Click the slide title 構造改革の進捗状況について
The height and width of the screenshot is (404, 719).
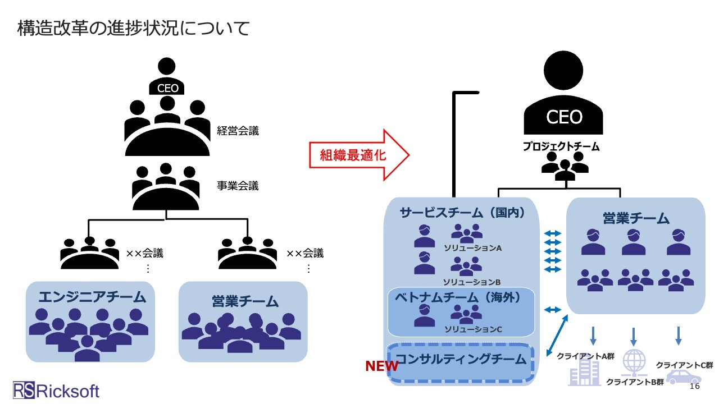[x=133, y=28]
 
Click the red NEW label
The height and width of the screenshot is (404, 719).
[x=382, y=366]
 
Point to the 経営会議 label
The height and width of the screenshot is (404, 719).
[x=238, y=131]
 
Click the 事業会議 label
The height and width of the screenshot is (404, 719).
[x=238, y=186]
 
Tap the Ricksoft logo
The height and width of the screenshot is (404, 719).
[x=56, y=390]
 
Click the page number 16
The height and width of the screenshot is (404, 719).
[x=694, y=387]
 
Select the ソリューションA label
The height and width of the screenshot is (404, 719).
[x=472, y=247]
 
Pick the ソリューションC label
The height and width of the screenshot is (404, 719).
[x=472, y=329]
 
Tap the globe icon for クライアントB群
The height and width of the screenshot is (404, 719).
[x=633, y=361]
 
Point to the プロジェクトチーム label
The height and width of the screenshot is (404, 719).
[x=561, y=147]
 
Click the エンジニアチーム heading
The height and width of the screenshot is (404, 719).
[x=92, y=297]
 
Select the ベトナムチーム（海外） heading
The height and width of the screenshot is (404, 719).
[x=460, y=297]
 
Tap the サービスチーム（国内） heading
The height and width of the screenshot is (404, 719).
[x=462, y=213]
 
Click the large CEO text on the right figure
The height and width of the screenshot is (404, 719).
[x=564, y=117]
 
